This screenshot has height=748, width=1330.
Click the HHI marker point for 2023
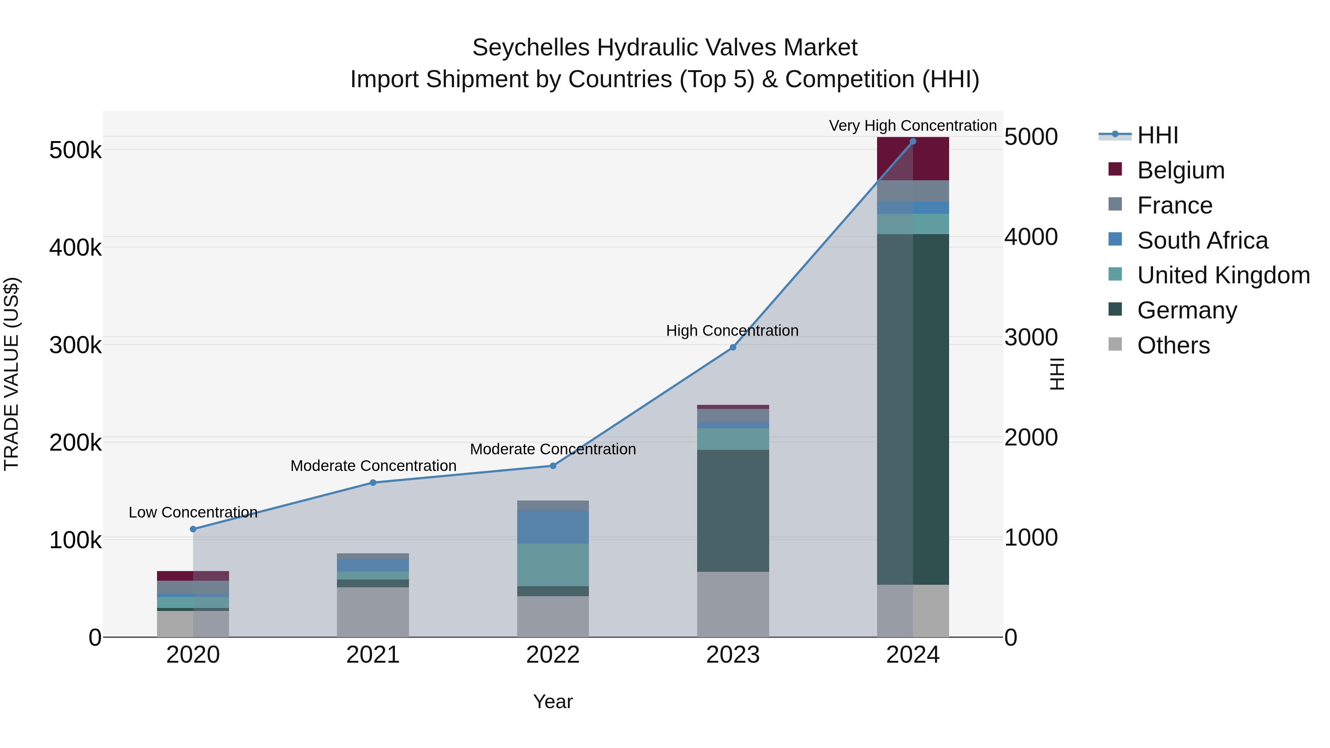point(733,348)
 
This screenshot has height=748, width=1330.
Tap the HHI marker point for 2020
point(193,529)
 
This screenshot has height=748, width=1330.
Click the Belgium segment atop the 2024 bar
point(913,158)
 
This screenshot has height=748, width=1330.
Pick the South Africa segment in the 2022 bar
point(553,527)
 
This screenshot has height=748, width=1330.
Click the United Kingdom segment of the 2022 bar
point(553,565)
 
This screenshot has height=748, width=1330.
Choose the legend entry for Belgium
point(1180,170)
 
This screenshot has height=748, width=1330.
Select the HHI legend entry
point(1157,135)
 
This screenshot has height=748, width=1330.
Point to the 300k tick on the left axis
point(75,345)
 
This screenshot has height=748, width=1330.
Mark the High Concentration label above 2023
point(732,330)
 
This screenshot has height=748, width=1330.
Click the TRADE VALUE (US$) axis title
point(11,374)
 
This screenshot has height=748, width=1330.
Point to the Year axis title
point(553,701)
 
